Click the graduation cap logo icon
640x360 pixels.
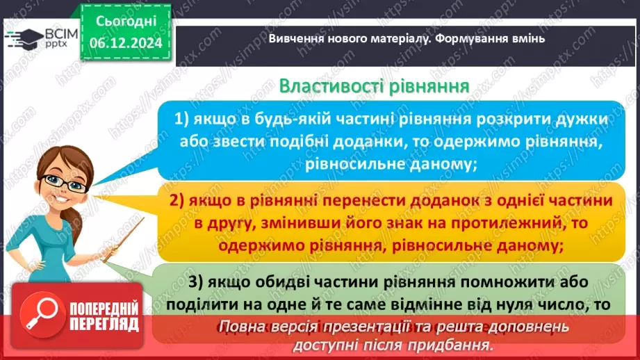point(26,36)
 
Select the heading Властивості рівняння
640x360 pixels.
point(374,87)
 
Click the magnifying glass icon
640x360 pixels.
point(40,314)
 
